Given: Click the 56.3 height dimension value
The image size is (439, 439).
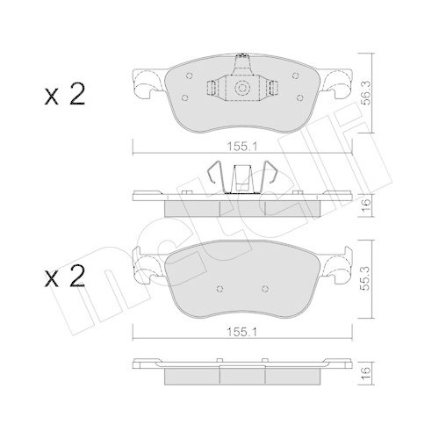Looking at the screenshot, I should [x=367, y=90].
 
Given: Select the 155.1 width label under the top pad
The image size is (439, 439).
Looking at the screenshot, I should [x=236, y=148].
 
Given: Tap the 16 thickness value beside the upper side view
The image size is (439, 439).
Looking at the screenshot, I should [x=367, y=204].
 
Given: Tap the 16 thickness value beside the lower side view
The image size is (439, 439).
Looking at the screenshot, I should [x=367, y=373].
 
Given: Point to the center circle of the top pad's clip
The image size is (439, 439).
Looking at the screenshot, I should [x=241, y=88].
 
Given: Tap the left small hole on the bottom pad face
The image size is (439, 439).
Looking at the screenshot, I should [x=219, y=288].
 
